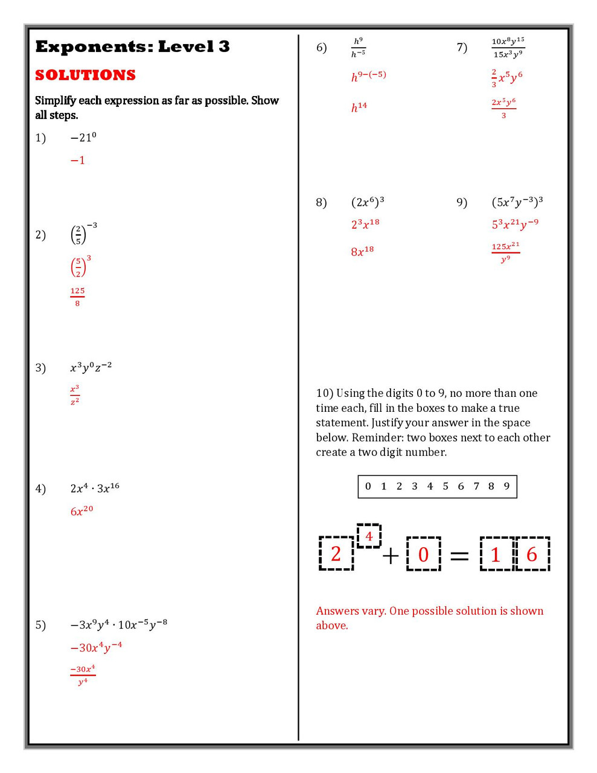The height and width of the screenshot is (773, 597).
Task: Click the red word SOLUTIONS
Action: tap(85, 75)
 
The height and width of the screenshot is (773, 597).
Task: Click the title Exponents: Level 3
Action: tap(132, 47)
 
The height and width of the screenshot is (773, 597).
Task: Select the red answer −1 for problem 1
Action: tap(78, 161)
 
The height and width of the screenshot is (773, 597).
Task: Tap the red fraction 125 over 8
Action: tap(77, 297)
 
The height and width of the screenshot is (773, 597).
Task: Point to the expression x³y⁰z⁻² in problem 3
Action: tap(91, 367)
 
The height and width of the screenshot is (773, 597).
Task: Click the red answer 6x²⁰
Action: tap(81, 511)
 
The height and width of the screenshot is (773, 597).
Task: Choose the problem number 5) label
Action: tap(40, 624)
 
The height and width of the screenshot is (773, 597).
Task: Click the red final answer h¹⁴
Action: tap(359, 107)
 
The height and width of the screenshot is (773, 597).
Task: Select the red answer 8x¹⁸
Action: tap(362, 251)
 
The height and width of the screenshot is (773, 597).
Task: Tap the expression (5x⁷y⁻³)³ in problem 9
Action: tap(517, 202)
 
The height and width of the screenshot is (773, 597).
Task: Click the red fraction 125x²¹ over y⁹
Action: tap(505, 252)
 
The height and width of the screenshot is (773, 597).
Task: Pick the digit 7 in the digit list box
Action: tap(476, 486)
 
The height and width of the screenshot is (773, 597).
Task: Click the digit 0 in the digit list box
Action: tap(368, 486)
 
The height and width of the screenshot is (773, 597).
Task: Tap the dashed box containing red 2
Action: tap(336, 553)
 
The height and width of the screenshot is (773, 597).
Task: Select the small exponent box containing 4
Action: tap(369, 536)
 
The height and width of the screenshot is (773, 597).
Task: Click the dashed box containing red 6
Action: tap(532, 553)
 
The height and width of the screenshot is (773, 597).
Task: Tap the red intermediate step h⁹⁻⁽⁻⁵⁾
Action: tap(368, 76)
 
